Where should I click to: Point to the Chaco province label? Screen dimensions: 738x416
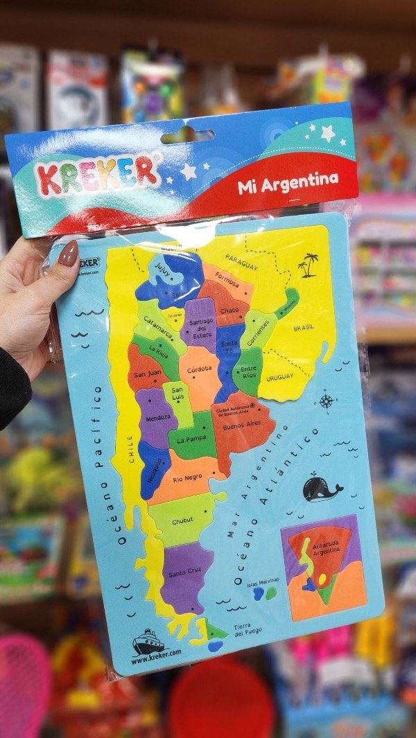tap(229, 310)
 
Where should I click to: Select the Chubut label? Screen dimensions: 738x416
tap(183, 519)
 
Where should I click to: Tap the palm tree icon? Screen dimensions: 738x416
tap(308, 264)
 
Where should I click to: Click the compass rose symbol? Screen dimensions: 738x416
tap(326, 401)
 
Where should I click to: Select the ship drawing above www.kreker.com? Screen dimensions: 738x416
tap(148, 641)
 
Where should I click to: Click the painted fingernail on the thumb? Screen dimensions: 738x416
tap(68, 253)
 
